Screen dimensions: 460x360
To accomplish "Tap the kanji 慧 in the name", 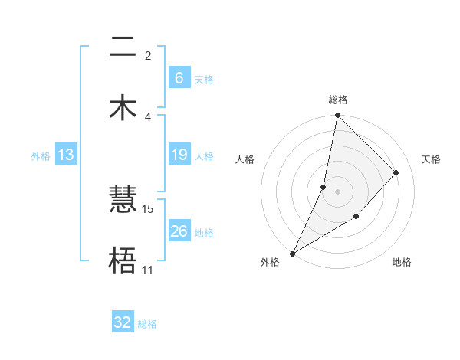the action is click(x=123, y=201).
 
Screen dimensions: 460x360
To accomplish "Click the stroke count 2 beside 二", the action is click(x=148, y=55).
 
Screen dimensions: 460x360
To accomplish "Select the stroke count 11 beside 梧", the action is click(x=147, y=270).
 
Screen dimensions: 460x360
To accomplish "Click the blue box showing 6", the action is click(x=179, y=78).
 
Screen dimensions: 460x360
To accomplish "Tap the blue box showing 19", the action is click(x=179, y=155).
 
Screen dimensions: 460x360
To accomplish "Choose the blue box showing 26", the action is click(x=179, y=231).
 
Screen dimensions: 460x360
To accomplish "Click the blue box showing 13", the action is click(x=66, y=155).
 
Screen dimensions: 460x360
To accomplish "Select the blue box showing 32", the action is click(x=123, y=322).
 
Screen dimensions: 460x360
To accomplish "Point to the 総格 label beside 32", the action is click(x=147, y=324).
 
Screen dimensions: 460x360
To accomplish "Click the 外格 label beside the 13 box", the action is click(x=41, y=156).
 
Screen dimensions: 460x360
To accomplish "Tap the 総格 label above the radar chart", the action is click(x=337, y=100).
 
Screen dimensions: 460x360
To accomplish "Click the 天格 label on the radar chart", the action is click(x=431, y=159).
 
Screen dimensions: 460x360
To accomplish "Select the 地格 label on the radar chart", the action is click(x=402, y=263).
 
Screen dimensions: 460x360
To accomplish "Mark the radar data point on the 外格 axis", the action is click(x=292, y=253).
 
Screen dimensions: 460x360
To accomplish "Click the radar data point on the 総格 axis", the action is click(x=337, y=115).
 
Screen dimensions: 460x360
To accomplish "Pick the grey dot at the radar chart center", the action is click(x=337, y=191).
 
